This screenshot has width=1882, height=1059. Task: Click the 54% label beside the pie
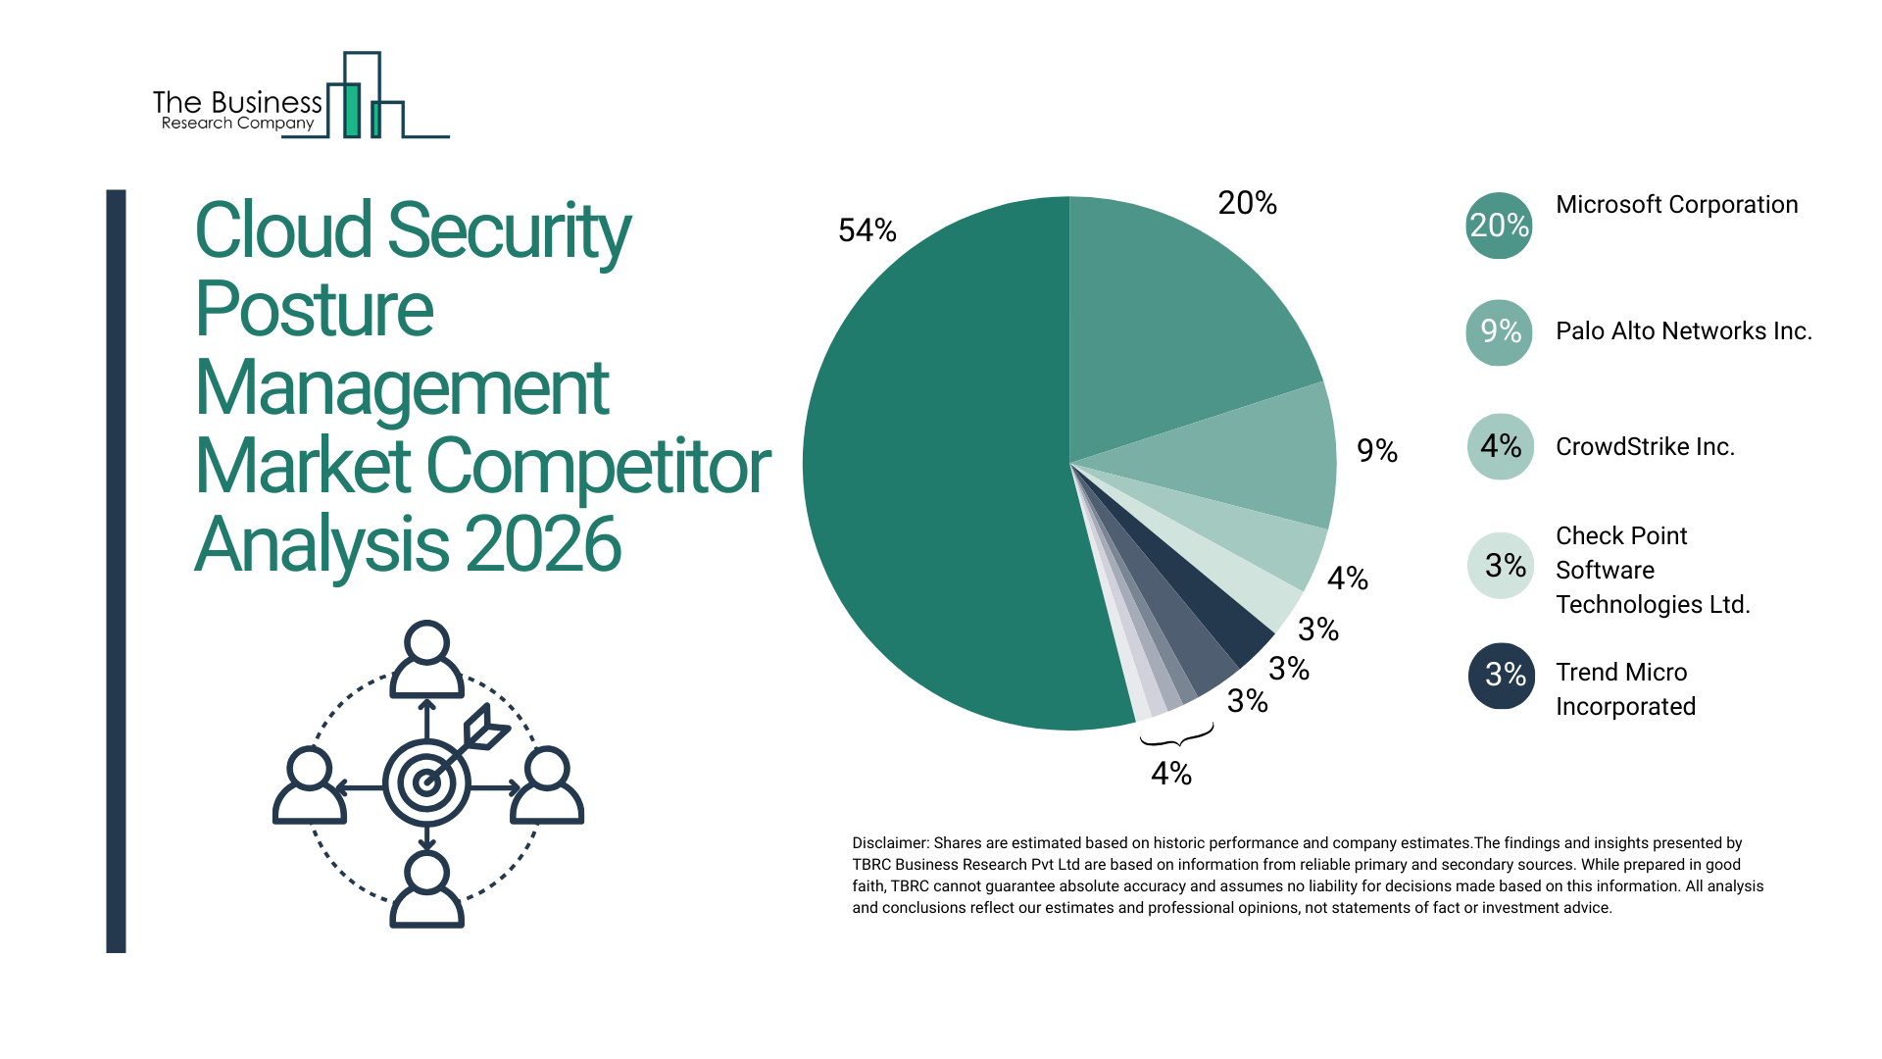(x=867, y=231)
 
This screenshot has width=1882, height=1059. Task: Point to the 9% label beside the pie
(x=1376, y=451)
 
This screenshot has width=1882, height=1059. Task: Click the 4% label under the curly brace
(x=1171, y=775)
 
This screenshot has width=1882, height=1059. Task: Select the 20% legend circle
(x=1499, y=226)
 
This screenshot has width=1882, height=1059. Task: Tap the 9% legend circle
(x=1499, y=332)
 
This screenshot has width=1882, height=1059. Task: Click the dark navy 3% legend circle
(x=1501, y=676)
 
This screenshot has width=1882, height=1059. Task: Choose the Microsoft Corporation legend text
(x=1676, y=205)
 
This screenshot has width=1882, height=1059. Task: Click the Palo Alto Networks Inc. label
(x=1683, y=331)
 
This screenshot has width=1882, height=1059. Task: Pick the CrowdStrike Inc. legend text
(x=1645, y=447)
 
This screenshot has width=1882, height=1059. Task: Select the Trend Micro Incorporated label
(x=1625, y=689)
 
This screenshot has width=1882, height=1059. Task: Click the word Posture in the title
(x=314, y=309)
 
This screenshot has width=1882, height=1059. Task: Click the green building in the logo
(x=351, y=110)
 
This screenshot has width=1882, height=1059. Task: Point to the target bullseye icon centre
(x=426, y=782)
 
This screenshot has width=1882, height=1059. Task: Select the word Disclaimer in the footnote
(x=889, y=843)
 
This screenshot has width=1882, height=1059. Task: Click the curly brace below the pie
(x=1176, y=736)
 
